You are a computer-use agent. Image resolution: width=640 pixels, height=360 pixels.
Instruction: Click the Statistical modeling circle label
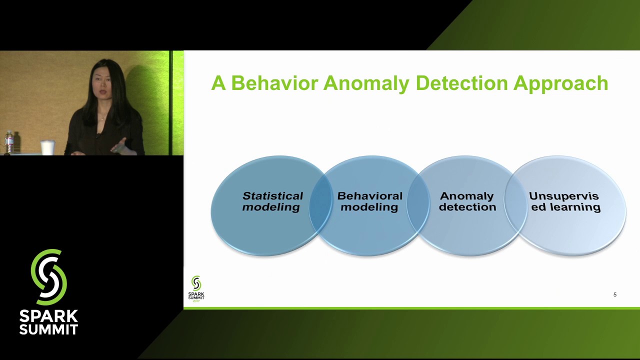pos(272,201)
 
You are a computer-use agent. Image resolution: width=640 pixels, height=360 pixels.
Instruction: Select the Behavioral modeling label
pos(369,201)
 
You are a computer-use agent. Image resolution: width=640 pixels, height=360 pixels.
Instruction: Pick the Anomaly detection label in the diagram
pos(467,201)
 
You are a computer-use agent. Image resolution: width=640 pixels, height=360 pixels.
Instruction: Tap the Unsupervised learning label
pos(565,201)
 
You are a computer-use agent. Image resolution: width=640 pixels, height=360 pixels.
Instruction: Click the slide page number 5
pos(615,294)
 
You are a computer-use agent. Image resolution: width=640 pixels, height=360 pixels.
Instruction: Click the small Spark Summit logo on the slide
pos(196,288)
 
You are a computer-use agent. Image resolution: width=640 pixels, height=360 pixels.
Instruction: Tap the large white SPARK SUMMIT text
pos(48,322)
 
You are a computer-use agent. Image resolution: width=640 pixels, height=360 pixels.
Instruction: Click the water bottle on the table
pos(9,142)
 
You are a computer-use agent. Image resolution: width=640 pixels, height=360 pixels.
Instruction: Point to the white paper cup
pos(47,147)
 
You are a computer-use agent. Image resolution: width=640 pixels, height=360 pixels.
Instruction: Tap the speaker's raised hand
pos(120,146)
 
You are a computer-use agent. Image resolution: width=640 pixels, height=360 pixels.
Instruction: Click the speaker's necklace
pos(102,117)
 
